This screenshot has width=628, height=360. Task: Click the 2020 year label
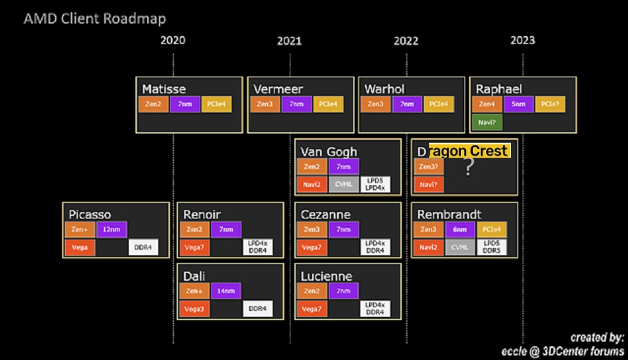pyautogui.click(x=173, y=41)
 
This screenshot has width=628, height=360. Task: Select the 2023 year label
pyautogui.click(x=523, y=41)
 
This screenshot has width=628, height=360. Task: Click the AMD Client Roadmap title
pyautogui.click(x=94, y=18)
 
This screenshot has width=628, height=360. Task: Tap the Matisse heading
pyautogui.click(x=164, y=89)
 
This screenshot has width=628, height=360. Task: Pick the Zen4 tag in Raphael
pyautogui.click(x=487, y=104)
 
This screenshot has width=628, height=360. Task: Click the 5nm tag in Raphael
pyautogui.click(x=518, y=104)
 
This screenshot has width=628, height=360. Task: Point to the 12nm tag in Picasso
pyautogui.click(x=112, y=230)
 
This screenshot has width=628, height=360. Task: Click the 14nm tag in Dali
pyautogui.click(x=226, y=291)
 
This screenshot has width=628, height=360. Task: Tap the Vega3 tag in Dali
pyautogui.click(x=194, y=309)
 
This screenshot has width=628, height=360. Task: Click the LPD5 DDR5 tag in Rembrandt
pyautogui.click(x=492, y=247)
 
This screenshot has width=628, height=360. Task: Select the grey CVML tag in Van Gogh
pyautogui.click(x=343, y=185)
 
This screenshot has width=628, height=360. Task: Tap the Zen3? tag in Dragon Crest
pyautogui.click(x=428, y=167)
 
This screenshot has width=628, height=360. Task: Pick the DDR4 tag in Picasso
pyautogui.click(x=143, y=247)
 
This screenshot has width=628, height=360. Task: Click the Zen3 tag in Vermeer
pyautogui.click(x=265, y=104)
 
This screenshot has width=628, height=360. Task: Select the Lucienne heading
pyautogui.click(x=326, y=276)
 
